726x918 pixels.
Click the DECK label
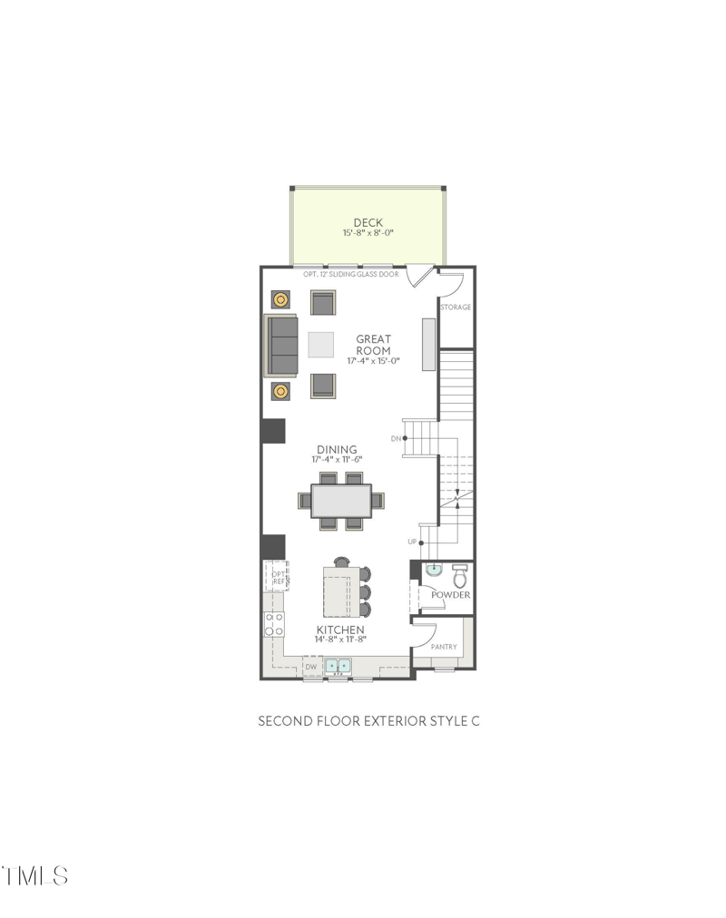click(368, 222)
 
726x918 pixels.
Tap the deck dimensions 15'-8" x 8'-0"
click(368, 234)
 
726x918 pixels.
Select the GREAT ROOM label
click(373, 345)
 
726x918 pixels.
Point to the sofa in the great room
click(281, 345)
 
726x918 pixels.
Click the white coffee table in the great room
click(321, 345)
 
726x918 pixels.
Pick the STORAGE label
click(456, 308)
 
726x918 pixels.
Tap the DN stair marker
click(396, 438)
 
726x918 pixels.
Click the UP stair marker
click(411, 542)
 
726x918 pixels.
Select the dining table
click(341, 501)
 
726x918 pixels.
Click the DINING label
click(337, 449)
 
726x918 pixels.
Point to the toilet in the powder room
click(459, 574)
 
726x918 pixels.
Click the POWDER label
click(451, 595)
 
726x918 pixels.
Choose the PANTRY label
click(444, 647)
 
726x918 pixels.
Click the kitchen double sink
click(338, 666)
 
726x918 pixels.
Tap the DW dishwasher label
click(310, 668)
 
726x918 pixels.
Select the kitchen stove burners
click(273, 623)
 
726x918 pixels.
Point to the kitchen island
click(342, 592)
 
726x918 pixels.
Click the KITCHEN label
click(340, 630)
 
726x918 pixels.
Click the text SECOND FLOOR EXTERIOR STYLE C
click(368, 721)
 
